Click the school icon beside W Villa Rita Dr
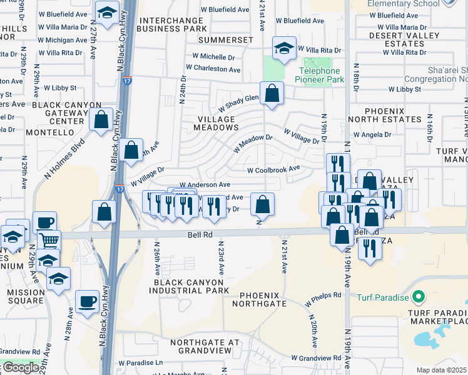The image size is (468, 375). click(283, 49)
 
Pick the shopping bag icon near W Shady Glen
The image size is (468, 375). click(272, 94)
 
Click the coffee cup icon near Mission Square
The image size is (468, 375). click(87, 302)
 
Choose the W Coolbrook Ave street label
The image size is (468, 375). click(273, 169)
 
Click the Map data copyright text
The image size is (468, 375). click(442, 370)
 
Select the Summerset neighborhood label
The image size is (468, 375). click(226, 40)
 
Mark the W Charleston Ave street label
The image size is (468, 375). click(213, 69)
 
